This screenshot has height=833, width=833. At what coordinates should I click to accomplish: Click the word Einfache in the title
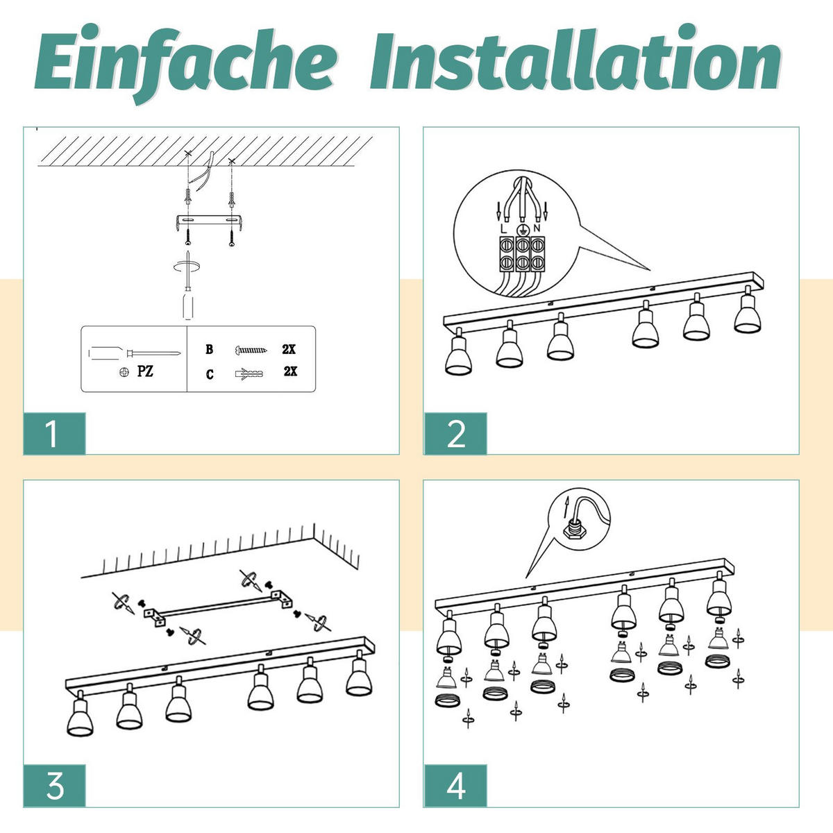click(186, 62)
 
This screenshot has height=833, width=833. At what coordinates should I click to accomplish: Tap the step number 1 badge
click(54, 433)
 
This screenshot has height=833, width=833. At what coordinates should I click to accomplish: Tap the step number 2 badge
click(455, 433)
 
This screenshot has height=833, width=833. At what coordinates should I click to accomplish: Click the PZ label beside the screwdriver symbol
click(145, 371)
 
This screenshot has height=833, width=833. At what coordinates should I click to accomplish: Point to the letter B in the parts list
click(209, 349)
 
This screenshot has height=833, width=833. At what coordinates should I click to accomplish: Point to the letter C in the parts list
click(210, 374)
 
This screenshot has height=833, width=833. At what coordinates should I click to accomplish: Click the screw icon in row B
click(251, 349)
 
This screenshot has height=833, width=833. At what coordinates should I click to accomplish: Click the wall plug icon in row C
click(249, 373)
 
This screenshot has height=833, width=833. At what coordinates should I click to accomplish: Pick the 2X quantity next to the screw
click(289, 349)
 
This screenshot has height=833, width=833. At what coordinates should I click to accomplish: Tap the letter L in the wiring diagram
click(503, 228)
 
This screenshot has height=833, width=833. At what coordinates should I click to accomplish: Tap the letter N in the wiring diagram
click(537, 228)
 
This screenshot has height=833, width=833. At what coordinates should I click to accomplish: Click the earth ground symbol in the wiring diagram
click(522, 228)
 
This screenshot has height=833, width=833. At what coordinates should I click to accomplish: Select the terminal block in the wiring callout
click(522, 254)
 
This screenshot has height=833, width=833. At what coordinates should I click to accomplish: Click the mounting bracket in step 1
click(209, 221)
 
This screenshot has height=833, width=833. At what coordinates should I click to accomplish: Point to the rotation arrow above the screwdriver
click(187, 267)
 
